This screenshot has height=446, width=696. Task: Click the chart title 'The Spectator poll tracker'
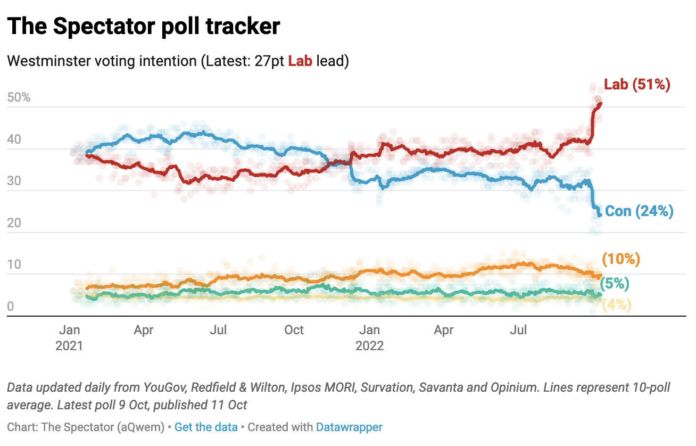144,26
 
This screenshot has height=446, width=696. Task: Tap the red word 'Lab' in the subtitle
300,61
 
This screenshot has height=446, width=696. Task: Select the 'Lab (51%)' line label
636,84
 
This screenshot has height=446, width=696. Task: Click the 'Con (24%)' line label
639,211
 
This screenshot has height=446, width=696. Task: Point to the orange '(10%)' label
620,259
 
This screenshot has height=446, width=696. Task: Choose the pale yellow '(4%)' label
616,305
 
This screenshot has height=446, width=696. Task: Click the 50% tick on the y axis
19,98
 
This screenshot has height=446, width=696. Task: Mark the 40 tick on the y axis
15,139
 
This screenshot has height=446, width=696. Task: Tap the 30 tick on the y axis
15,181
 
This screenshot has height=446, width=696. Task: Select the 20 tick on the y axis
15,223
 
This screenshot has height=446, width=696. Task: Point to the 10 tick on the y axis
15,265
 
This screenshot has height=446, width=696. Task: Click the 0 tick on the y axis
11,307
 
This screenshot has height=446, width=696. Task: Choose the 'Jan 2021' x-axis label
69,337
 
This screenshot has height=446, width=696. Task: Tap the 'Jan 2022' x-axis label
369,337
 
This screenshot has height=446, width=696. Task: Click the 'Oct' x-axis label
294,330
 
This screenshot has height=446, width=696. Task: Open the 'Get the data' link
206,427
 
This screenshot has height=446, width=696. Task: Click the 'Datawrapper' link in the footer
349,427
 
